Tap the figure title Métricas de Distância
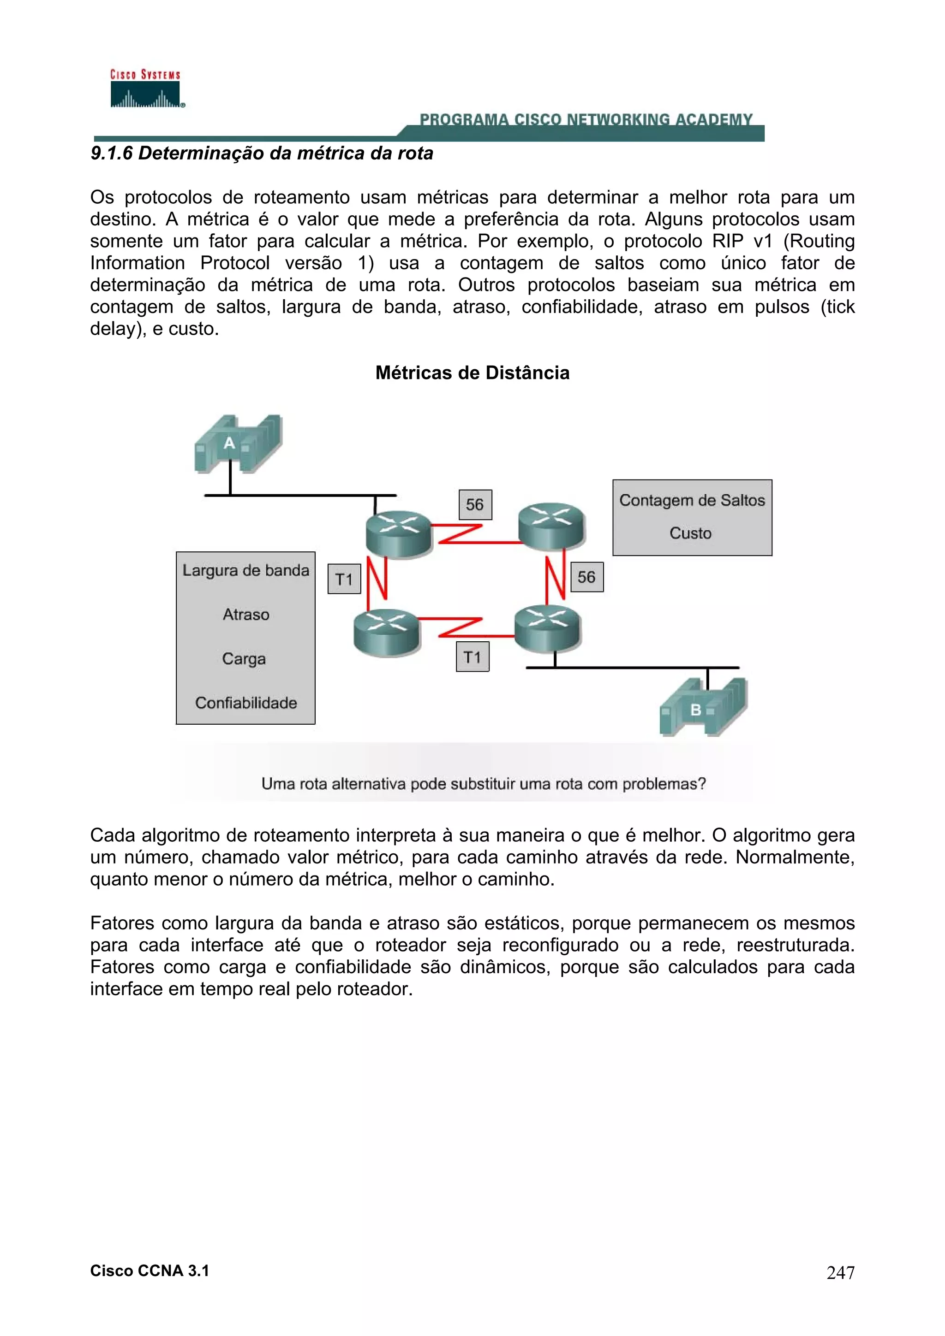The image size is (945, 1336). pyautogui.click(x=472, y=373)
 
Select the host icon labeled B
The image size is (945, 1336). pyautogui.click(x=703, y=708)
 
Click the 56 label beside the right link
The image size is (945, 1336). pyautogui.click(x=586, y=577)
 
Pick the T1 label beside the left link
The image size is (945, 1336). pyautogui.click(x=344, y=579)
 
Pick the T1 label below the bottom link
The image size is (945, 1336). pyautogui.click(x=472, y=657)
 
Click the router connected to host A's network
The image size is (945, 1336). pyautogui.click(x=399, y=532)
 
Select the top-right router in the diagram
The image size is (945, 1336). pyautogui.click(x=551, y=525)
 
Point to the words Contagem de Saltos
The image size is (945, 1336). pyautogui.click(x=692, y=500)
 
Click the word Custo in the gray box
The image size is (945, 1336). pyautogui.click(x=691, y=533)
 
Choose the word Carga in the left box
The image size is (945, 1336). pyautogui.click(x=244, y=659)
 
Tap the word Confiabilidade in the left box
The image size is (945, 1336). pyautogui.click(x=246, y=703)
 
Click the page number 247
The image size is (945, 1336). pyautogui.click(x=840, y=1272)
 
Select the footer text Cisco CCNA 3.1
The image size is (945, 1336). pyautogui.click(x=150, y=1271)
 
